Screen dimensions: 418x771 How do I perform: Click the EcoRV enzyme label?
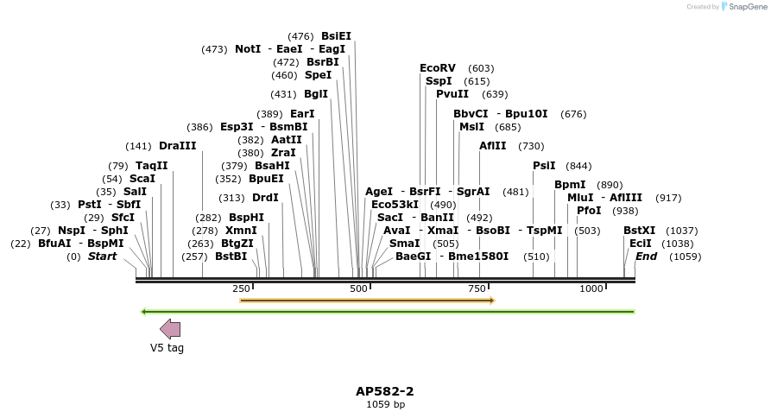tap(437, 68)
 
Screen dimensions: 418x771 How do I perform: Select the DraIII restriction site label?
tap(177, 146)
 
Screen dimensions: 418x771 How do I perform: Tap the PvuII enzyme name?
tap(452, 94)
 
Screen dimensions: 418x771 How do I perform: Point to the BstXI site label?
tap(640, 231)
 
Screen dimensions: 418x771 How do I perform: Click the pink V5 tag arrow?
tap(170, 329)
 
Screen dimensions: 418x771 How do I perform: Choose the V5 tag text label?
tap(167, 348)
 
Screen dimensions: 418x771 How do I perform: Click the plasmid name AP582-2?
tap(385, 391)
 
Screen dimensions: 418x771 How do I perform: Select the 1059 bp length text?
tap(385, 404)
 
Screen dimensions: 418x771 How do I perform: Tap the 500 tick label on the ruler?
tap(359, 288)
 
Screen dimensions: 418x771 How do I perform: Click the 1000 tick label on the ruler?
tap(591, 288)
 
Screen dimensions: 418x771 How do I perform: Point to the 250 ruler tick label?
tap(240, 288)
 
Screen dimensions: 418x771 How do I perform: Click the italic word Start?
tap(102, 256)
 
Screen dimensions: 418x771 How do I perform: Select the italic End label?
tap(646, 256)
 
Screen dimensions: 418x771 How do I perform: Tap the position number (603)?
tap(481, 68)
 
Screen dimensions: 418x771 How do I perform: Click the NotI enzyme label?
tap(248, 49)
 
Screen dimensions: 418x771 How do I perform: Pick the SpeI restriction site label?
tap(318, 75)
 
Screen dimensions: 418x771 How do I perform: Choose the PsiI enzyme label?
tap(544, 166)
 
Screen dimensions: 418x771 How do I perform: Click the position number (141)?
tap(138, 146)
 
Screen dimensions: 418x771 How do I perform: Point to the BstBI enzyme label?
tap(231, 256)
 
